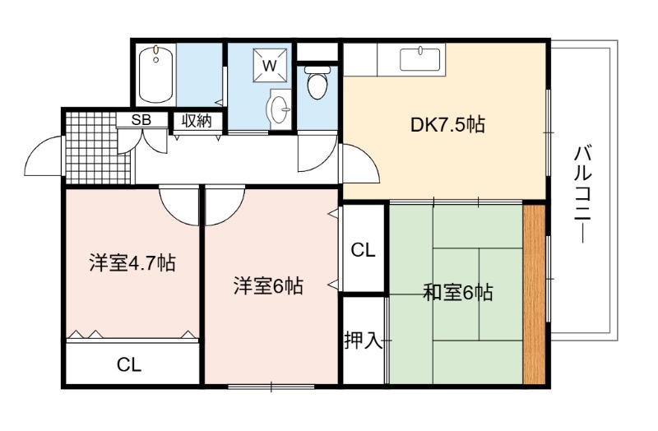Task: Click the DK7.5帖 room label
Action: pos(447,125)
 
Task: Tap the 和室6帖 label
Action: pos(457,292)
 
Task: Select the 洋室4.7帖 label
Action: pos(132,263)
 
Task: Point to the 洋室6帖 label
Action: pos(269,285)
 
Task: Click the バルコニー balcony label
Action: pos(582,194)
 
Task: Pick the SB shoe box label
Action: pos(141,120)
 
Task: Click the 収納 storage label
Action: pos(197,121)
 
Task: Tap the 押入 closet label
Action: pos(364,340)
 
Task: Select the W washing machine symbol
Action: pos(271,66)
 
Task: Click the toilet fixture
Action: pos(317,81)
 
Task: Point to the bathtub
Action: pos(156,74)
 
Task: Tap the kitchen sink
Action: pos(419,60)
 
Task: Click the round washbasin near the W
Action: pos(279,109)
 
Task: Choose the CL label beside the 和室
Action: pos(363,251)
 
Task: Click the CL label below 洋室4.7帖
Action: pos(129,364)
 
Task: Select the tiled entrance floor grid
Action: pos(97,147)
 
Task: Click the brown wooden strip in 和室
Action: pos(534,294)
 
